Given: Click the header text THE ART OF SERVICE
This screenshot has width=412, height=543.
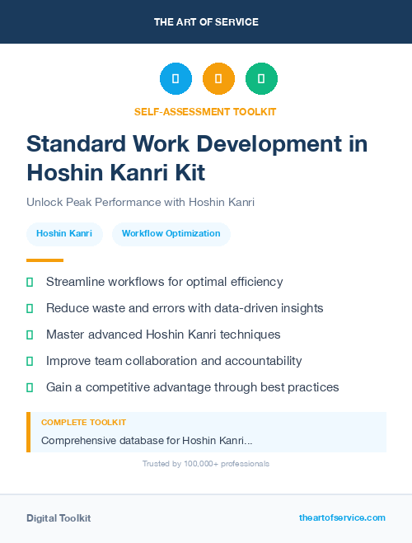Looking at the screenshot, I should click(x=206, y=22).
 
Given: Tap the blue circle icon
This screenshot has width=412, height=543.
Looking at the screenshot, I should click(x=176, y=79).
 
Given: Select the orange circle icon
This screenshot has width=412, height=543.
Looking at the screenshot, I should click(x=218, y=79).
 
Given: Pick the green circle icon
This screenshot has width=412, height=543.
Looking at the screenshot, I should click(x=261, y=79).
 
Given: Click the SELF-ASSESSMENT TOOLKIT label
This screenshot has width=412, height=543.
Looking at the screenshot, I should click(x=205, y=111).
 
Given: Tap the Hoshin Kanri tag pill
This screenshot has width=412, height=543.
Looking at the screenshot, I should click(x=64, y=234).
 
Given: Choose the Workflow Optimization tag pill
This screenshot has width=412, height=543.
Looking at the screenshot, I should click(x=171, y=234).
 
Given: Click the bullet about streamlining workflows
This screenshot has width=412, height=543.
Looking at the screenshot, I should click(x=164, y=282).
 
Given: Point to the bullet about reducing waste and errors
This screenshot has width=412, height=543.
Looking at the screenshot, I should click(x=185, y=308).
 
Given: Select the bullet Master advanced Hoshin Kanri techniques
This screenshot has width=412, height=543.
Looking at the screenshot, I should click(x=163, y=335).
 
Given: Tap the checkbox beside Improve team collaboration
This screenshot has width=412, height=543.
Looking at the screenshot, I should click(x=30, y=361).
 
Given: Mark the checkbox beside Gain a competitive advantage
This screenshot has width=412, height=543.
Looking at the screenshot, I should click(x=30, y=387).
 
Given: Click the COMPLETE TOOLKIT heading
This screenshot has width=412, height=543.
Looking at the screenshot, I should click(x=83, y=423).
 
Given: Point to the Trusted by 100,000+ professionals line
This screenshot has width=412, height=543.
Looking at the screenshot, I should click(x=205, y=464).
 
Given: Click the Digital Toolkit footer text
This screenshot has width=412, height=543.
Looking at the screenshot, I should click(x=59, y=518).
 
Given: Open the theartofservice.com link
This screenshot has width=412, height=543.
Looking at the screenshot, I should click(x=342, y=517).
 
